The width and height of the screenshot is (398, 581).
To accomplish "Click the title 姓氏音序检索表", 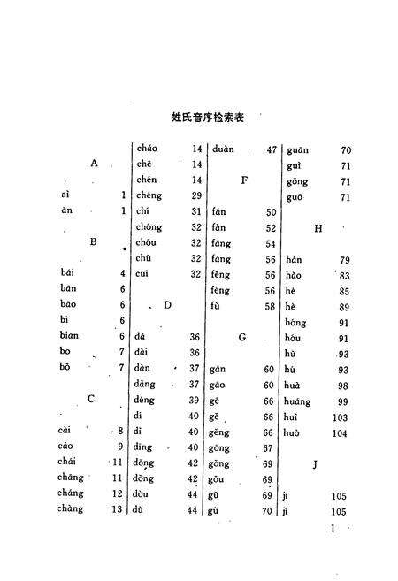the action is point(211,116).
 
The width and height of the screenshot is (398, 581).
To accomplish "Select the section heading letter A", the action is point(93,163).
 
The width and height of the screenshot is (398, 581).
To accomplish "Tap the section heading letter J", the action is point(315,463).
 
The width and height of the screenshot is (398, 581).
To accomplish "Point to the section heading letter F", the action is point(242,180).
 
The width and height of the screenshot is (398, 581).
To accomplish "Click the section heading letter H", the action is point(316,228).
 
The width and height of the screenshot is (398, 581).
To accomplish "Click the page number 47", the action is point(272,149).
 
